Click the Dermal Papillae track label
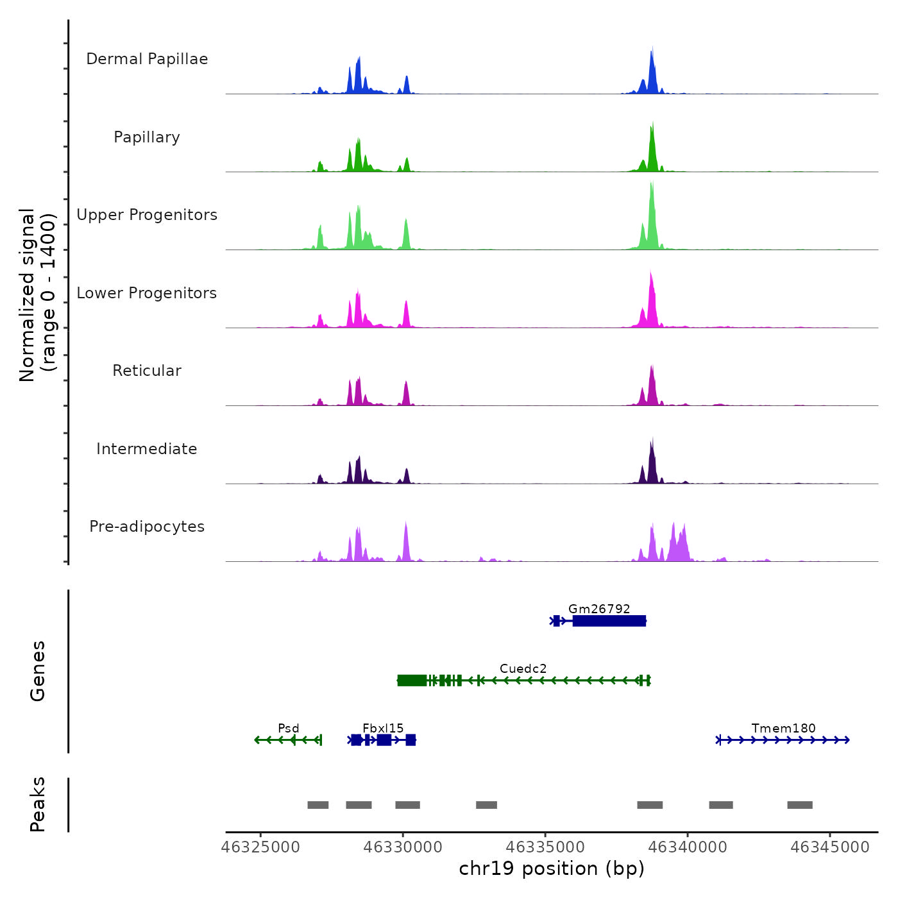pos(147,59)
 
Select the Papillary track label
pos(147,137)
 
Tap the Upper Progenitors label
pos(147,215)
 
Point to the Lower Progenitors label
pos(147,293)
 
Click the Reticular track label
pos(147,371)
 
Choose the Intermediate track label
pos(147,449)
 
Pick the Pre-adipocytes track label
pos(147,527)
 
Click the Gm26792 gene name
pos(599,609)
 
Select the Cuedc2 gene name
pos(523,668)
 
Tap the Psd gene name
pos(289,728)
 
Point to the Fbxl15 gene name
pos(383,728)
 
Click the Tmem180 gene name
pos(783,728)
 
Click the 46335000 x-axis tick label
pos(546,847)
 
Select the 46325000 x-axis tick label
pos(261,847)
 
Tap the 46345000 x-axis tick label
pos(830,847)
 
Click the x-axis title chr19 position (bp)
pos(552,868)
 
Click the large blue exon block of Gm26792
pos(609,621)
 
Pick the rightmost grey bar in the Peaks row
pos(800,805)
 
